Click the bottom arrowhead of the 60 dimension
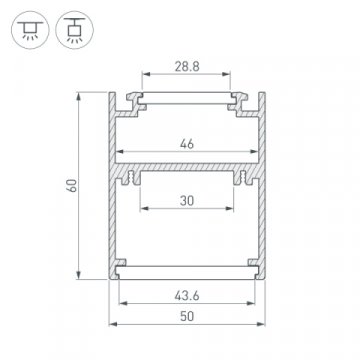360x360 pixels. point(79,279)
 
